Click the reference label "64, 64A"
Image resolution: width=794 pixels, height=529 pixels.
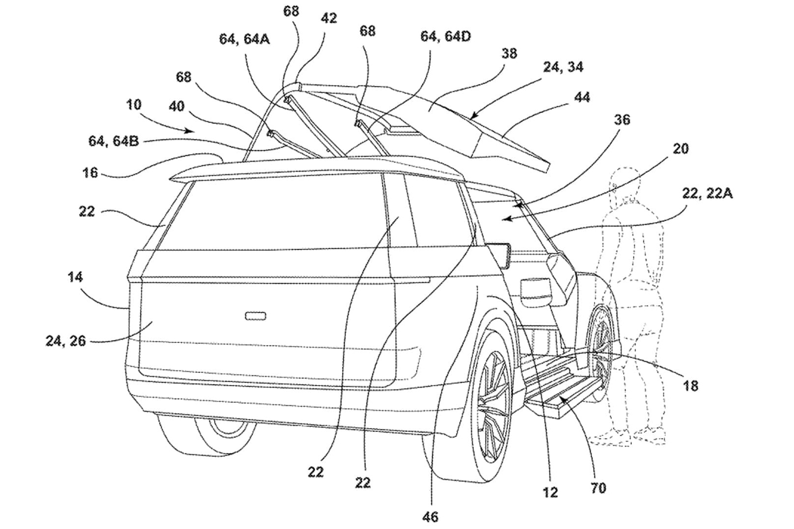click(244, 39)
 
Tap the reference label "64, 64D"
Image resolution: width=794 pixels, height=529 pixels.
click(445, 36)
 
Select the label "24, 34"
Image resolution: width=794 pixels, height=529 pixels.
click(564, 67)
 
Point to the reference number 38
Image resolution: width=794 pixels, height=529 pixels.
click(509, 53)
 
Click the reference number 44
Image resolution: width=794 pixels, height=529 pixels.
click(582, 97)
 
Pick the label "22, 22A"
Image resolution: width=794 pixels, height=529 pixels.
click(708, 193)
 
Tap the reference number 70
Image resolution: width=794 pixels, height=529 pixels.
click(599, 489)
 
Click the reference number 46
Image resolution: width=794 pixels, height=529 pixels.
click(430, 517)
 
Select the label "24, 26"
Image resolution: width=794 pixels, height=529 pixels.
click(66, 341)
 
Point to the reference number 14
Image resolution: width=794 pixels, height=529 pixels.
click(75, 277)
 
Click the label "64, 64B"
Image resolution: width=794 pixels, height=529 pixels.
click(114, 141)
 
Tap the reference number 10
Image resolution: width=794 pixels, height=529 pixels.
click(134, 105)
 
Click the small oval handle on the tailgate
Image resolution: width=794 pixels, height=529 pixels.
click(255, 316)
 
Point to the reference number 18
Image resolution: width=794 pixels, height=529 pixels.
click(690, 386)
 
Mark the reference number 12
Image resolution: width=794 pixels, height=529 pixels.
click(550, 492)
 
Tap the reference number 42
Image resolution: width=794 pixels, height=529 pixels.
click(329, 18)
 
